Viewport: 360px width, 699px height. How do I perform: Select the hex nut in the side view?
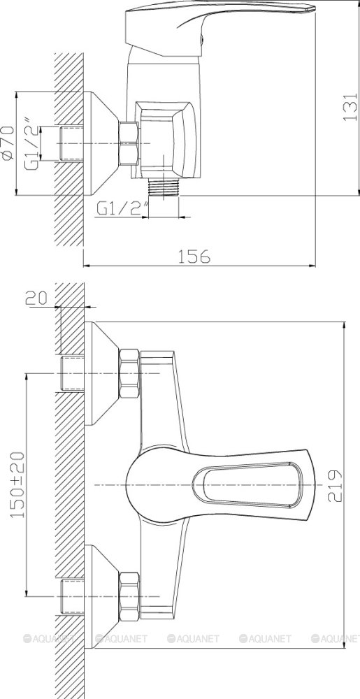pos(128,144)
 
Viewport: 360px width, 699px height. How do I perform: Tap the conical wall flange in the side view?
pos(101,144)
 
